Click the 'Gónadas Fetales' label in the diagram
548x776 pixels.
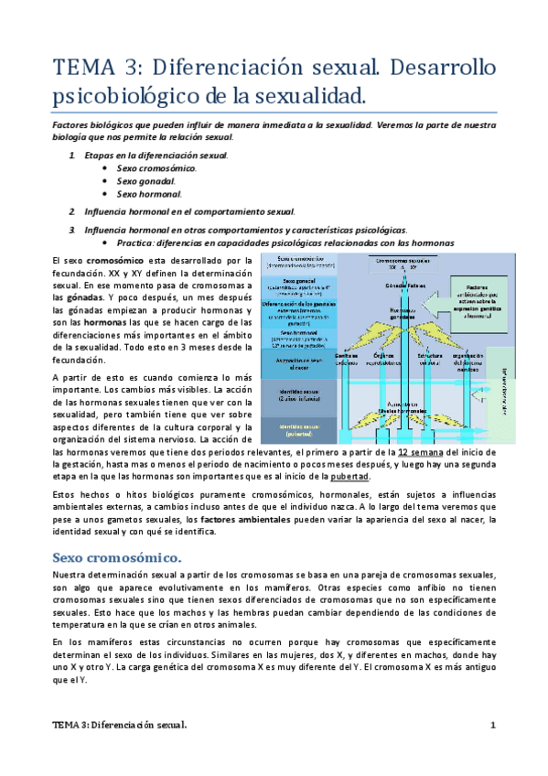coord(403,286)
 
